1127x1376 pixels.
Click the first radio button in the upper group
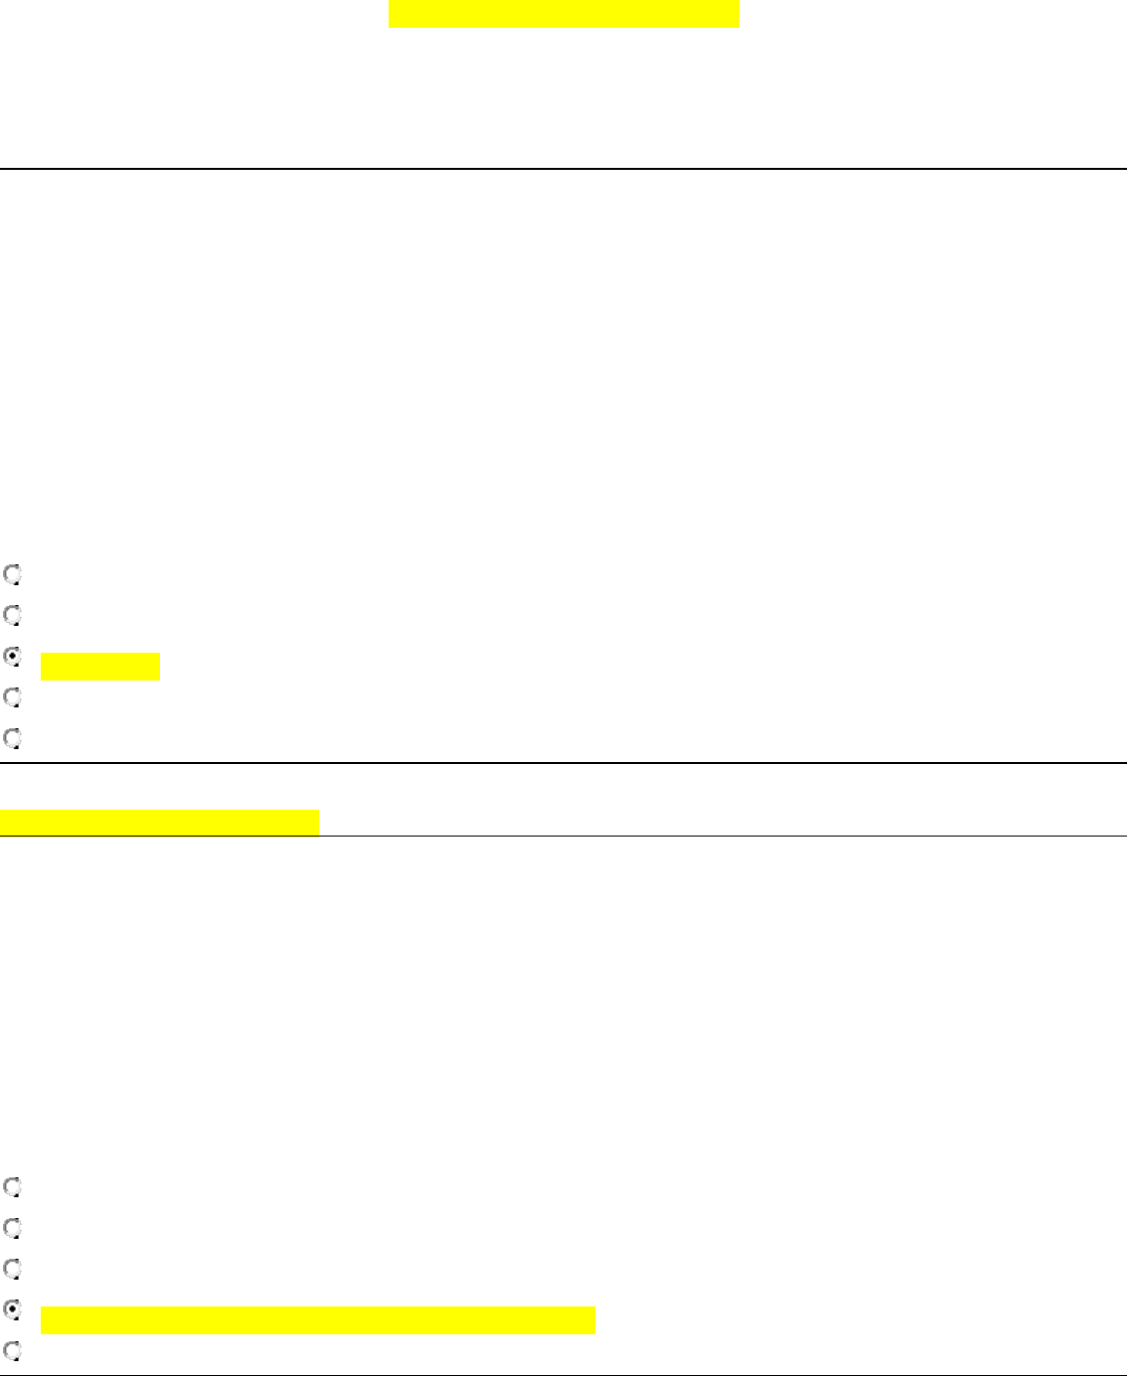tap(12, 574)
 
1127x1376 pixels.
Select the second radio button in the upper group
tap(12, 615)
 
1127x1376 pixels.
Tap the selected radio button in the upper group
tap(12, 657)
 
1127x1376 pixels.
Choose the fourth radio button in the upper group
tap(12, 697)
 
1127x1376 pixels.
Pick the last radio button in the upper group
tap(12, 738)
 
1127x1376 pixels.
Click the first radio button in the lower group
tap(12, 1186)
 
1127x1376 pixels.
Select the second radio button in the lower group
tap(12, 1228)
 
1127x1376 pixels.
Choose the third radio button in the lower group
tap(12, 1269)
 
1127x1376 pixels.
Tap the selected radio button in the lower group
tap(12, 1309)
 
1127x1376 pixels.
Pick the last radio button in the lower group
tap(12, 1350)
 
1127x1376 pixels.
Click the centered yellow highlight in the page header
tap(563, 14)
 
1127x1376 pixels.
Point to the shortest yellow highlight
tap(100, 667)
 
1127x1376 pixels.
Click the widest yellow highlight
tap(318, 1320)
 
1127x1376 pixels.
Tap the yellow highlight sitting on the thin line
tap(159, 823)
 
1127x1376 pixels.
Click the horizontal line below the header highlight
tap(563, 169)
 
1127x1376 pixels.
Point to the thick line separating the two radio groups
tap(563, 762)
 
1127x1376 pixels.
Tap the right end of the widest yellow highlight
tap(591, 1320)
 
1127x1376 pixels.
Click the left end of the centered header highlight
tap(393, 14)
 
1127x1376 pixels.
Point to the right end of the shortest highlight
tap(157, 667)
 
